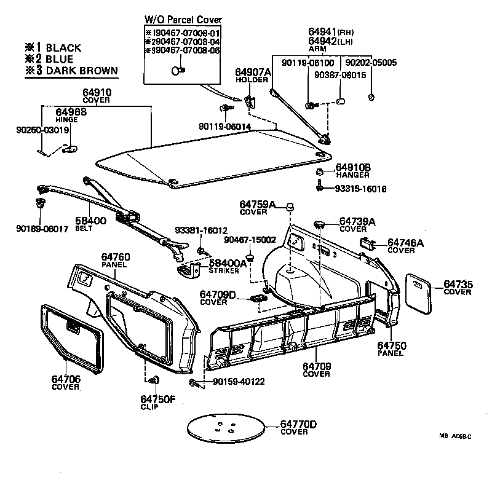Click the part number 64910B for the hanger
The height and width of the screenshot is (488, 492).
tap(353, 167)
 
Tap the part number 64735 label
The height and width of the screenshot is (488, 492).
tap(458, 283)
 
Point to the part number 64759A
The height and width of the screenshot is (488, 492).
tap(258, 204)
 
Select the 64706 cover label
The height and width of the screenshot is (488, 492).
tap(65, 379)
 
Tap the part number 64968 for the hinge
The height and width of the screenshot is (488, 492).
tap(71, 112)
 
